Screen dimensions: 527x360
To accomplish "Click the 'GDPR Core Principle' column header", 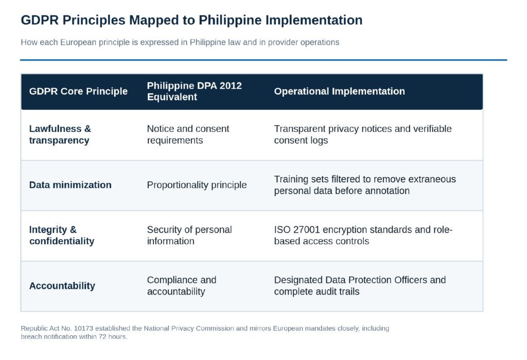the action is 78,91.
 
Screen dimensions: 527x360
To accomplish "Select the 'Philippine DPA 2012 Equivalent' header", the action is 194,91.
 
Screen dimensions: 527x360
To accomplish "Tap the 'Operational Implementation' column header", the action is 340,91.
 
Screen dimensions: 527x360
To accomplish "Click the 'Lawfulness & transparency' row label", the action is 60,134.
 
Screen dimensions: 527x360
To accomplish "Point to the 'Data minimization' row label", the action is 70,185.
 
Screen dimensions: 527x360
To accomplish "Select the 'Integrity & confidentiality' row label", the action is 62,235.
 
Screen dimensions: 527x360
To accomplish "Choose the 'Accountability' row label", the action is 62,286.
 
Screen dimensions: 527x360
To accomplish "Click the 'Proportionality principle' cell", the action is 197,185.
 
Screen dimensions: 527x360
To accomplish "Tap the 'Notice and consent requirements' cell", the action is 188,134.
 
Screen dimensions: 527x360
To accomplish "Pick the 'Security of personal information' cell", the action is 189,235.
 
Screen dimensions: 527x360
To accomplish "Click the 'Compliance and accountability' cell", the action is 182,286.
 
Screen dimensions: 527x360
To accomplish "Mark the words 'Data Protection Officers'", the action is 376,280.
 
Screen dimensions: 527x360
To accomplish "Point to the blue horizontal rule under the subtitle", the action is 263,60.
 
